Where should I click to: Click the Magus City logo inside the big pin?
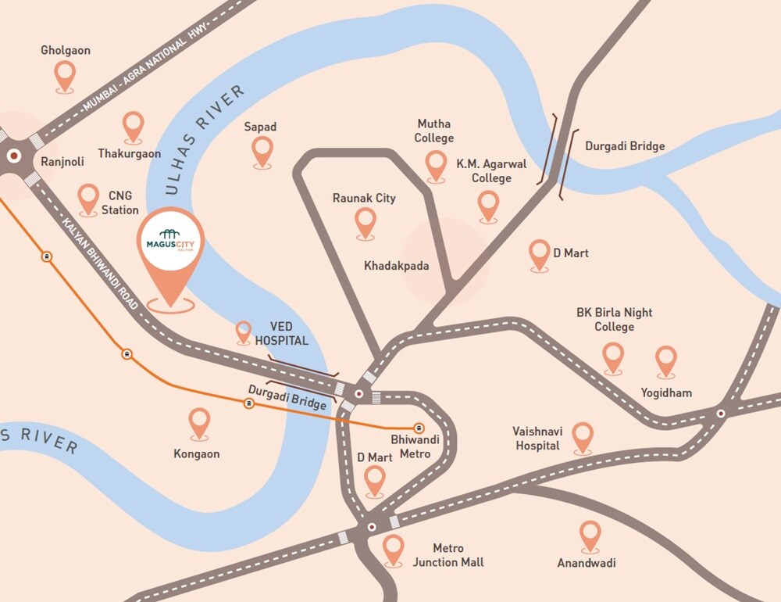(x=169, y=239)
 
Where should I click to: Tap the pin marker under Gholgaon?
(x=65, y=76)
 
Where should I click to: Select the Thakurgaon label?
(x=130, y=154)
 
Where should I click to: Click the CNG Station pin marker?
(x=89, y=199)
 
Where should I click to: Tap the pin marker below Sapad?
(x=263, y=151)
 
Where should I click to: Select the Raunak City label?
(x=364, y=199)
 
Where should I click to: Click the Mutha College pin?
(x=437, y=165)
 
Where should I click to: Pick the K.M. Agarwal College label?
(x=491, y=171)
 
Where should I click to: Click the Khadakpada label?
(x=396, y=266)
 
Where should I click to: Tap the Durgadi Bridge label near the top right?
(x=625, y=146)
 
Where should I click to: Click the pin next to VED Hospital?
(x=244, y=332)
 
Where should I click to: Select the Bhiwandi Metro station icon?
(x=419, y=428)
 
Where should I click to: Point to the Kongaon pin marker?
(x=199, y=423)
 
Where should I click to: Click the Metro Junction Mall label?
(x=448, y=555)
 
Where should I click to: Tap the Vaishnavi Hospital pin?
(x=583, y=437)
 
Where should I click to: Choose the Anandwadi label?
(x=586, y=563)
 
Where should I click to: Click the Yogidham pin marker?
(x=665, y=360)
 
